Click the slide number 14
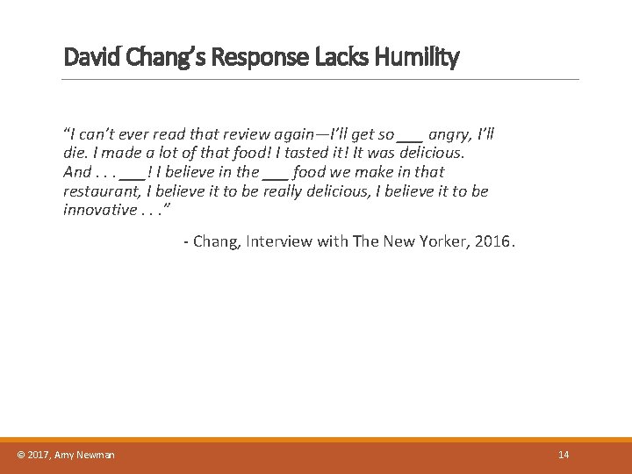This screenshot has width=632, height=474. (564, 455)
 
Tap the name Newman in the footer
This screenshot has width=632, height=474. (95, 455)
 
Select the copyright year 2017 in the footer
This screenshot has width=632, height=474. (39, 455)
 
